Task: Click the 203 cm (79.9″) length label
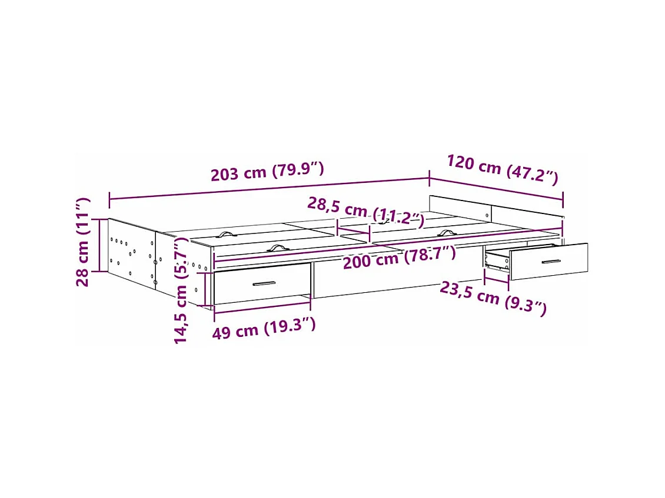[267, 172]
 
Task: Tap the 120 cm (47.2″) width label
[502, 169]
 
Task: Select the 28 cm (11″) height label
[83, 242]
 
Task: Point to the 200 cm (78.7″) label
[400, 258]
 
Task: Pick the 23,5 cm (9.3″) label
[493, 298]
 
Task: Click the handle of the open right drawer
[551, 261]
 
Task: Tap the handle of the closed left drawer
[264, 284]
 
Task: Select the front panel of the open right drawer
[548, 261]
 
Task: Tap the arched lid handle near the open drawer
[446, 233]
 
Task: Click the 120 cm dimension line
[496, 188]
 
